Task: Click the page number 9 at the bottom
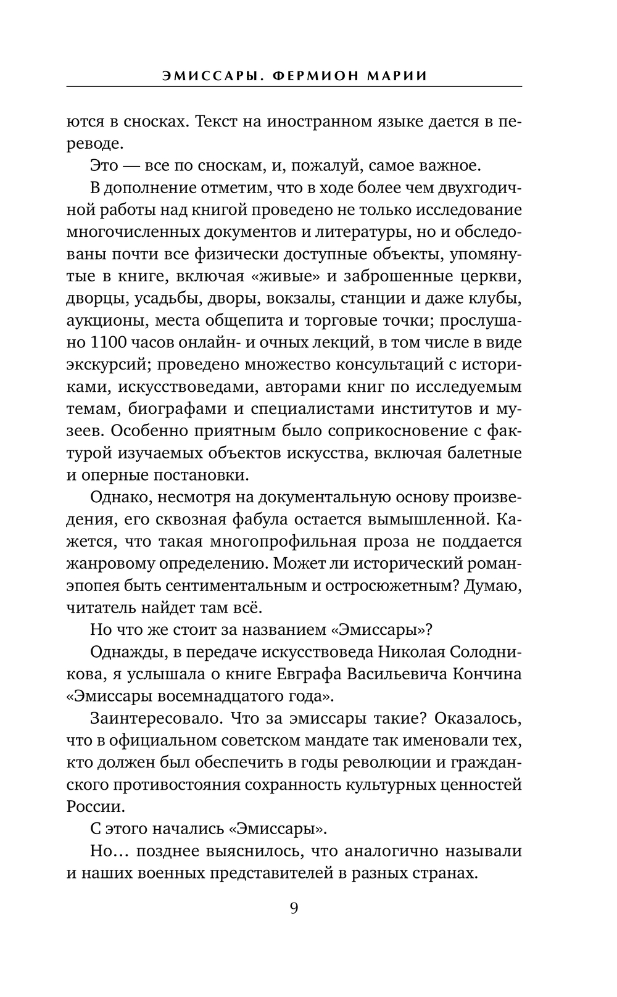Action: tap(294, 908)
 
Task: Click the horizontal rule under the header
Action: tap(294, 86)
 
